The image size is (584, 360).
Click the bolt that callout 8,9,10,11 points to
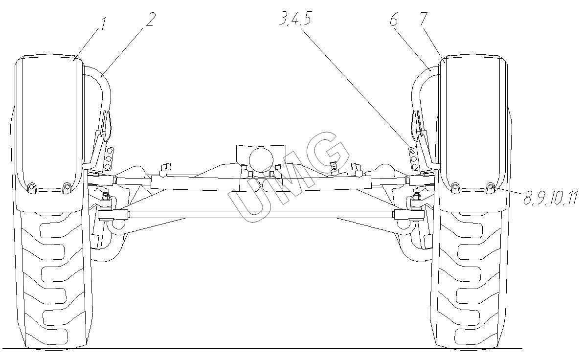[491, 186]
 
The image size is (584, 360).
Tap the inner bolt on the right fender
[455, 187]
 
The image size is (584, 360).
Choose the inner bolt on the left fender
[67, 186]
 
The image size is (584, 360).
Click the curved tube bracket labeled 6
[421, 83]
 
